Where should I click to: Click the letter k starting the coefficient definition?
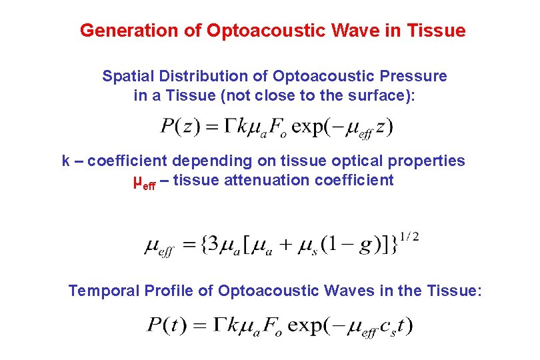pos(66,161)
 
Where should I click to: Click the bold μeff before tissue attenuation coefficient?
pos(145,182)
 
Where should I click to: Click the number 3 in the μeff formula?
pos(212,245)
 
